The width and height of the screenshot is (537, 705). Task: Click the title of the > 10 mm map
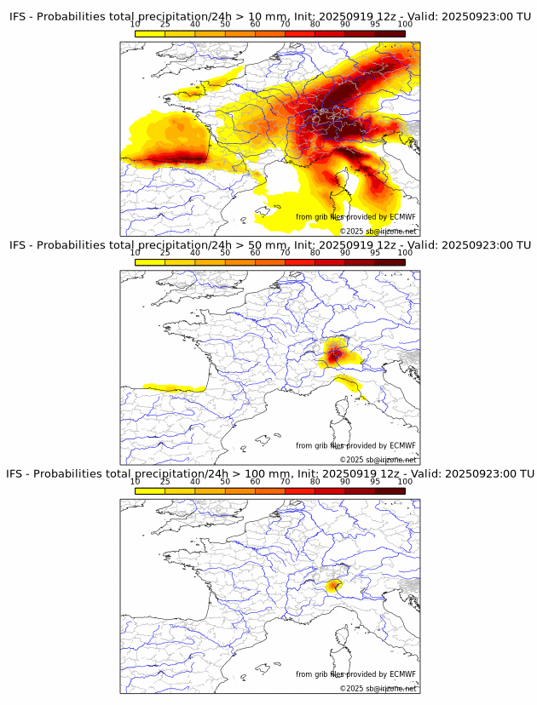coord(269,16)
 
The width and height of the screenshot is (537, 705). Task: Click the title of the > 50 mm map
coord(269,245)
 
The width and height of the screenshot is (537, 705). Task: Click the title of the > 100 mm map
coord(269,473)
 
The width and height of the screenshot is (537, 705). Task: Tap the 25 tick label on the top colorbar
coord(165,25)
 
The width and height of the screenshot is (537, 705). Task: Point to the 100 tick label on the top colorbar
coord(405,25)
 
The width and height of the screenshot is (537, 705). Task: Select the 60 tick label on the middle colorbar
coord(255,253)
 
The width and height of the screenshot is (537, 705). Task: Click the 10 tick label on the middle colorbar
coord(136,253)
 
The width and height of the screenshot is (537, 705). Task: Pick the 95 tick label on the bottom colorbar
coord(375,481)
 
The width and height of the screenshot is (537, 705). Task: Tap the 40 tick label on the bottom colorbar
coord(195,481)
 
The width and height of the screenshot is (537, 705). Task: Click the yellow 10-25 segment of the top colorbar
coord(150,32)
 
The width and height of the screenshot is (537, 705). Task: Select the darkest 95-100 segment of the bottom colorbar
coord(390,490)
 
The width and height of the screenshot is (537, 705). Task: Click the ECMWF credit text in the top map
coord(355,217)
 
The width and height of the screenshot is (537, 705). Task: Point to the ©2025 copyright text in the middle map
coord(378,460)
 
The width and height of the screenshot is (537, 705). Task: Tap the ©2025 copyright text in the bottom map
coord(378,688)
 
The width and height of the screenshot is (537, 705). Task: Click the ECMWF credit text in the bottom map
coord(355,674)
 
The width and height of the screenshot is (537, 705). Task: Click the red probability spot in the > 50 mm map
coord(335,352)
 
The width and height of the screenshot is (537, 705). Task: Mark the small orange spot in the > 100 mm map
coord(334,585)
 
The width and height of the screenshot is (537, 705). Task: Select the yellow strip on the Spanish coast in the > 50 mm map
coord(175,387)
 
